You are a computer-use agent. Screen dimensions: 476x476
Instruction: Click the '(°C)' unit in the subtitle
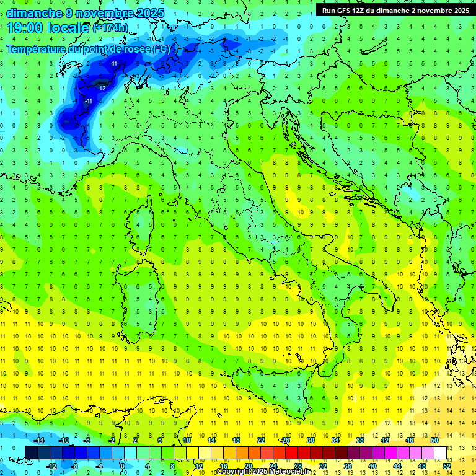[161, 49]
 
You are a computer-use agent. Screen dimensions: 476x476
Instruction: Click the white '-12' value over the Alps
[101, 89]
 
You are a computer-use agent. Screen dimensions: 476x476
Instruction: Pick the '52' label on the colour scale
[447, 465]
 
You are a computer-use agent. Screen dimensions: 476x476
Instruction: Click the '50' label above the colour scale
[434, 440]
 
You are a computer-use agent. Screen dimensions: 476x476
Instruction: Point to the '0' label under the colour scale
[123, 465]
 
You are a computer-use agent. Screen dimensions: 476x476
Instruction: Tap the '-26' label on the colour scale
[284, 440]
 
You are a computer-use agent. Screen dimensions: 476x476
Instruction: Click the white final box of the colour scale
[440, 452]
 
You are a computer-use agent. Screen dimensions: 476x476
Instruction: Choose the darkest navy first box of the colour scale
[32, 452]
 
